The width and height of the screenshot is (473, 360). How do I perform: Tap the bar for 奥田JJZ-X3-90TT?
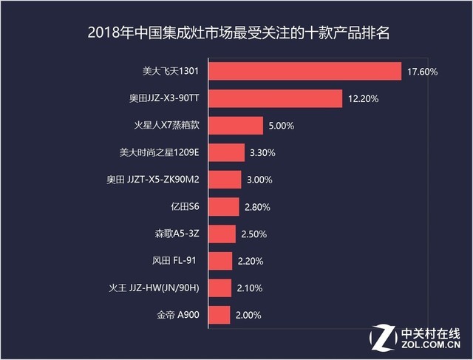[276, 98]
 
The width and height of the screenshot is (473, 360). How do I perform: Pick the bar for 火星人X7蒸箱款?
[236, 126]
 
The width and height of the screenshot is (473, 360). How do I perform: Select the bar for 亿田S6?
[224, 207]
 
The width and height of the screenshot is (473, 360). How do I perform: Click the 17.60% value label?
[422, 72]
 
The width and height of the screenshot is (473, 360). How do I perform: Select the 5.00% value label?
[282, 126]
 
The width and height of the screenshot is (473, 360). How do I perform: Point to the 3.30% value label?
[264, 154]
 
